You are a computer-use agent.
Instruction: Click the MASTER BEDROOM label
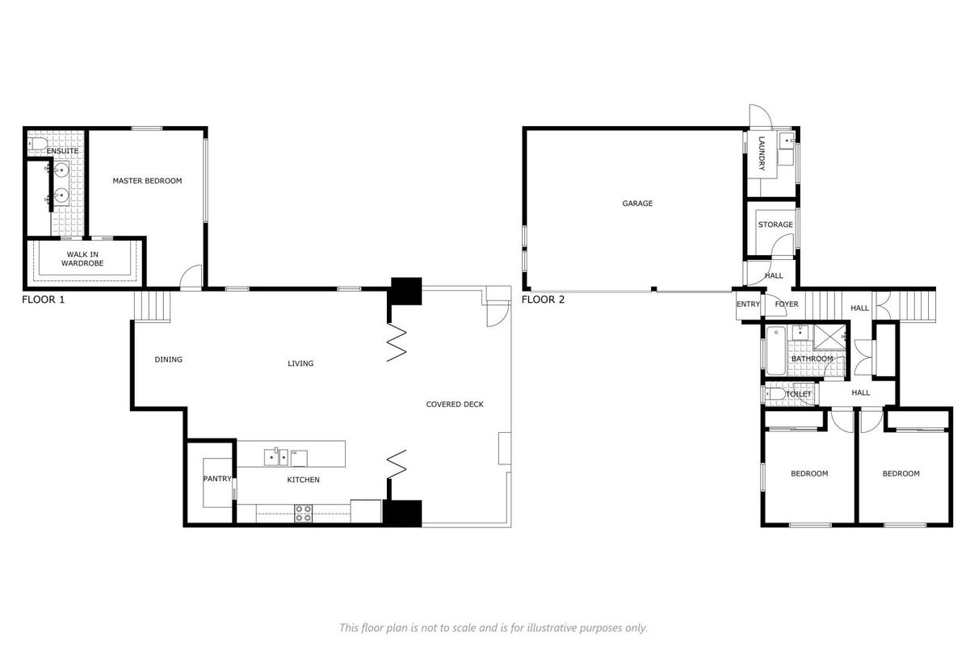(x=147, y=181)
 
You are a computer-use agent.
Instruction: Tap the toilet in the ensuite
(x=37, y=144)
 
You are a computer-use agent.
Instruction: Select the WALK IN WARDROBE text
(x=82, y=259)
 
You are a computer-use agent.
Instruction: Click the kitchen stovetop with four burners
(x=303, y=514)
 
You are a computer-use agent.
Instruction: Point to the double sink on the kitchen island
(x=276, y=457)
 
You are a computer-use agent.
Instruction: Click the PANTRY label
(x=217, y=479)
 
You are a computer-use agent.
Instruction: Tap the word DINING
(x=169, y=359)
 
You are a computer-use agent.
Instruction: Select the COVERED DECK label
(x=455, y=405)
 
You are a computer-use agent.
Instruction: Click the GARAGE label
(x=637, y=203)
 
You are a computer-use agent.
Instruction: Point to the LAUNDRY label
(x=762, y=153)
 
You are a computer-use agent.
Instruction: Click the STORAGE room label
(x=775, y=224)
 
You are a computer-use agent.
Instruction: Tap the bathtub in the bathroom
(x=776, y=351)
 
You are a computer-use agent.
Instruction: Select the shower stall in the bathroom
(x=829, y=337)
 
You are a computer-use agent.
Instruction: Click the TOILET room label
(x=799, y=394)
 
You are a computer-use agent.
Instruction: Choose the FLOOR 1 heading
(x=44, y=300)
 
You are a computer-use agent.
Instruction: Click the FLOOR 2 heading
(x=543, y=300)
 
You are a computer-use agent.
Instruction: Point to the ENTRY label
(x=748, y=304)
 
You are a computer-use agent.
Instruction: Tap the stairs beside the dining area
(x=152, y=306)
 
